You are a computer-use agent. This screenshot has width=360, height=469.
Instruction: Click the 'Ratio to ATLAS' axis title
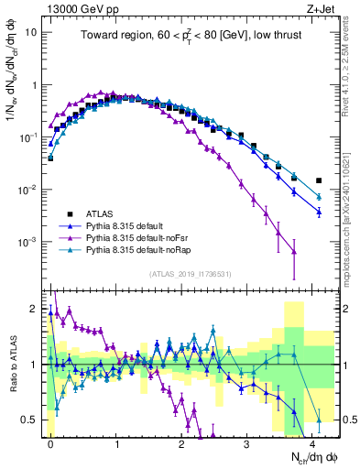pos(11,364)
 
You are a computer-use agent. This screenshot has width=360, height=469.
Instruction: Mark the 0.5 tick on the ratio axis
pos(29,420)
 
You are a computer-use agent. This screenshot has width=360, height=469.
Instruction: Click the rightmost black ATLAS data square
pos(319,180)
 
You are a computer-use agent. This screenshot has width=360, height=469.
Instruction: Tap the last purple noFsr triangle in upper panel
pos(293,252)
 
